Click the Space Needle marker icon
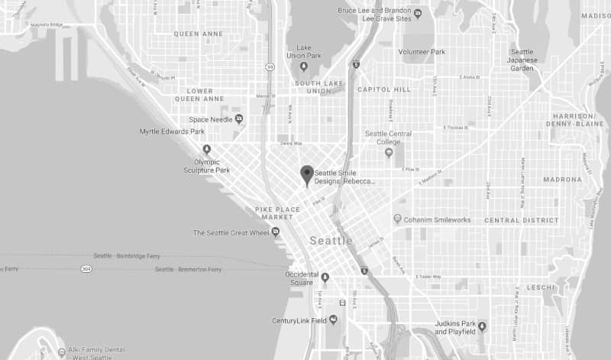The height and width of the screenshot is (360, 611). click(x=239, y=118)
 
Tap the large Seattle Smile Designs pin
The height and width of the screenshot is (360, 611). click(x=307, y=175)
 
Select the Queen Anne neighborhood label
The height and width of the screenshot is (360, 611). click(x=198, y=34)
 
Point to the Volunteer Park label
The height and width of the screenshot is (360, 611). click(x=422, y=52)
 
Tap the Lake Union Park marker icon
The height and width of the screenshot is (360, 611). click(x=304, y=66)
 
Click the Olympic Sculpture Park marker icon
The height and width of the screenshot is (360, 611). click(x=206, y=149)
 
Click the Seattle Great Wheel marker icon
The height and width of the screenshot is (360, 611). click(x=276, y=232)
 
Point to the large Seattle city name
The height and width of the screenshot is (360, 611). click(x=331, y=241)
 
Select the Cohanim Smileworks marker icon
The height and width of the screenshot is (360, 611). click(x=397, y=219)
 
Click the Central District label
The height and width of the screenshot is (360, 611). click(x=522, y=220)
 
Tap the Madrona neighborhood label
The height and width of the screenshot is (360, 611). click(x=563, y=180)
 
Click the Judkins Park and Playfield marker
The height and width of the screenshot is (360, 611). click(x=482, y=327)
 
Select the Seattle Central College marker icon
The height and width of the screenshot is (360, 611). click(x=389, y=152)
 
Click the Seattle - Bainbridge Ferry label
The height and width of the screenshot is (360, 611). click(x=125, y=255)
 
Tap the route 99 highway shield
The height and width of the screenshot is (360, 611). click(x=270, y=66)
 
